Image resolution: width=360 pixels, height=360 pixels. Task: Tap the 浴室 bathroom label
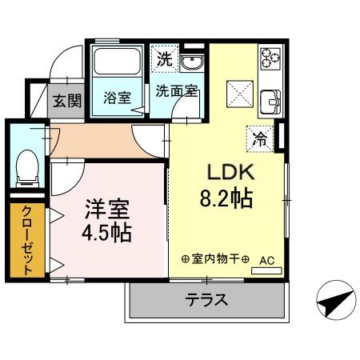[x=117, y=98]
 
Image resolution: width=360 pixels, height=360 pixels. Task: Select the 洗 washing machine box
[x=164, y=58]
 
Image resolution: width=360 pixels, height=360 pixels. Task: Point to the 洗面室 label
[x=177, y=90]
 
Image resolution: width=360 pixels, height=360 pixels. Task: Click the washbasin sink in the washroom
[x=191, y=63]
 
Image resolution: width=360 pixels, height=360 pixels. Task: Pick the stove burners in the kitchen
[x=270, y=58]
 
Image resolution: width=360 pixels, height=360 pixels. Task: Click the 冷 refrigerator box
[x=260, y=137]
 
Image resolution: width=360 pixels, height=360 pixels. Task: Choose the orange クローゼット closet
[x=27, y=240]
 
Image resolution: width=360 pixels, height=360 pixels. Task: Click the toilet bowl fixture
[x=26, y=165]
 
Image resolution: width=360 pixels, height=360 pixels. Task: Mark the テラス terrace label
[x=208, y=301]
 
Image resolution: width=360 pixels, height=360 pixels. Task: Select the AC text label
[x=266, y=260]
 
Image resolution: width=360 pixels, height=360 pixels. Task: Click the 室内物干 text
[x=215, y=260]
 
